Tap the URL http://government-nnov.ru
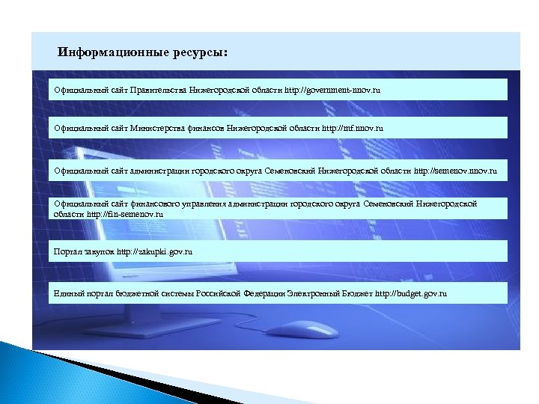tap(339, 90)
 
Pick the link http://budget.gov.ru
tap(411, 293)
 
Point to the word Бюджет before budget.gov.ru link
tap(356, 293)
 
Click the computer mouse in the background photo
tap(296, 328)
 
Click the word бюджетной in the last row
tap(131, 293)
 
